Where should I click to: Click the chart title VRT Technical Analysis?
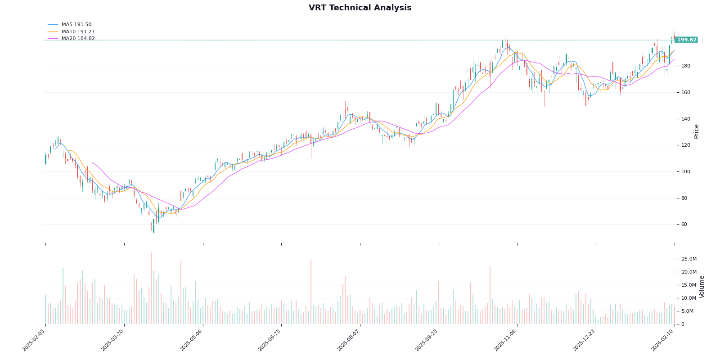[360, 8]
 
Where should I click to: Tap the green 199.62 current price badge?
[686, 40]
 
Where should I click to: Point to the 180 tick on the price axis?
[686, 66]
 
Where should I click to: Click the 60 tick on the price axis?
[684, 225]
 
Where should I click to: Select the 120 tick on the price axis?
[686, 145]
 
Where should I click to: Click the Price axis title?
[697, 131]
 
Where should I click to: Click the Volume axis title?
[702, 287]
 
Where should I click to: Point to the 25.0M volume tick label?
[689, 259]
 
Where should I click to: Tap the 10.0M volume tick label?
[689, 298]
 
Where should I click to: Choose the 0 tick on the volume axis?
[683, 324]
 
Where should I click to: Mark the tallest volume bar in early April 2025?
[151, 288]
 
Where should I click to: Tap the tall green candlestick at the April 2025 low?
[153, 225]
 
